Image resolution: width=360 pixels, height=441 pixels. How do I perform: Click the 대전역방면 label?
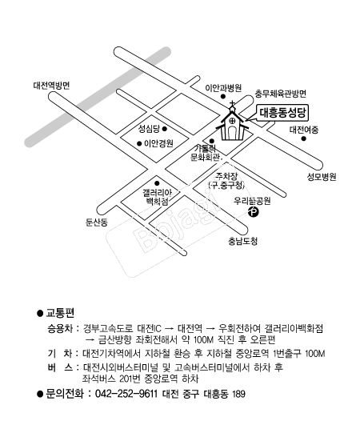point(51,86)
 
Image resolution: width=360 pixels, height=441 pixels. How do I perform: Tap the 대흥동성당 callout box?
point(282,113)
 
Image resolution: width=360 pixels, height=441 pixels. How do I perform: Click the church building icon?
point(232,125)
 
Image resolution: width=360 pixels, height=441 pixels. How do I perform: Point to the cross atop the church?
point(232,104)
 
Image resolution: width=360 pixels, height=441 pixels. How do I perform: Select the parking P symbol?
point(254,211)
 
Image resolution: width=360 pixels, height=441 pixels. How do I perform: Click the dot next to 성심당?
point(165,129)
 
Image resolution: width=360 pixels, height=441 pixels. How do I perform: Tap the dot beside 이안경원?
point(139,144)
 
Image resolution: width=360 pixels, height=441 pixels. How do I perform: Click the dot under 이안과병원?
point(223,97)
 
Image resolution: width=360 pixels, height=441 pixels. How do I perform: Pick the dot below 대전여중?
point(303,138)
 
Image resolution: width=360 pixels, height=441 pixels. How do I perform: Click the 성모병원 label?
point(322,177)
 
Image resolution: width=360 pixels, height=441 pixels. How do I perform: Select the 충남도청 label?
point(243,241)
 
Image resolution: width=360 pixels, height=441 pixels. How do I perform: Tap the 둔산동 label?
point(97,223)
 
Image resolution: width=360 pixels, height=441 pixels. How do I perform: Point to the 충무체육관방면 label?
point(281,94)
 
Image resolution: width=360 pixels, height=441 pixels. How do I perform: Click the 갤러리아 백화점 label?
point(157,197)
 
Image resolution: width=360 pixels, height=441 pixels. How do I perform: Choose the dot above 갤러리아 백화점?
point(157,183)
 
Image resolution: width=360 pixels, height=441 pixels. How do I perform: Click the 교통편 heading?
point(60,313)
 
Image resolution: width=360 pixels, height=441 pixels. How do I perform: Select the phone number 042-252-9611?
point(126,394)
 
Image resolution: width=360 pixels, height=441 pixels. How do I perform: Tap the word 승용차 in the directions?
point(60,328)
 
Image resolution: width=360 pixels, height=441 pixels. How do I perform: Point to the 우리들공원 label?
point(252,201)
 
